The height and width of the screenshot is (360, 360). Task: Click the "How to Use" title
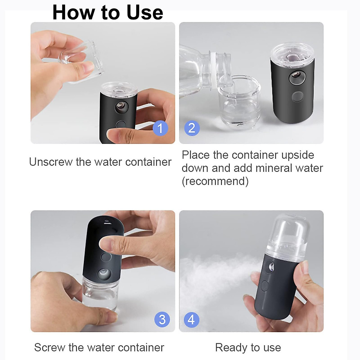point(108,13)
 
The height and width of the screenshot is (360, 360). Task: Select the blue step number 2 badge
point(192,128)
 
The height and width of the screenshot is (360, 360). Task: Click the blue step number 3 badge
point(162,319)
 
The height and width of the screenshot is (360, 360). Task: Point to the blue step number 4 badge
point(191,319)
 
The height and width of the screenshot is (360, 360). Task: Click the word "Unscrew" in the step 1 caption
point(51,162)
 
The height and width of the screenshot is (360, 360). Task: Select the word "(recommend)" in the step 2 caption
point(215,181)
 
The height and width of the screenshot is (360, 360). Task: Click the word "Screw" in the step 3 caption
point(49,347)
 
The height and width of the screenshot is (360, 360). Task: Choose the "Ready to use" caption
point(248,347)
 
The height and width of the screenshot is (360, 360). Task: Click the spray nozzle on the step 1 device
point(121,106)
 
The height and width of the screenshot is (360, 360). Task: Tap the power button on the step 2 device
point(298,97)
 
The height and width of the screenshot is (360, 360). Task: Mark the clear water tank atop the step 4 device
point(286,235)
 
